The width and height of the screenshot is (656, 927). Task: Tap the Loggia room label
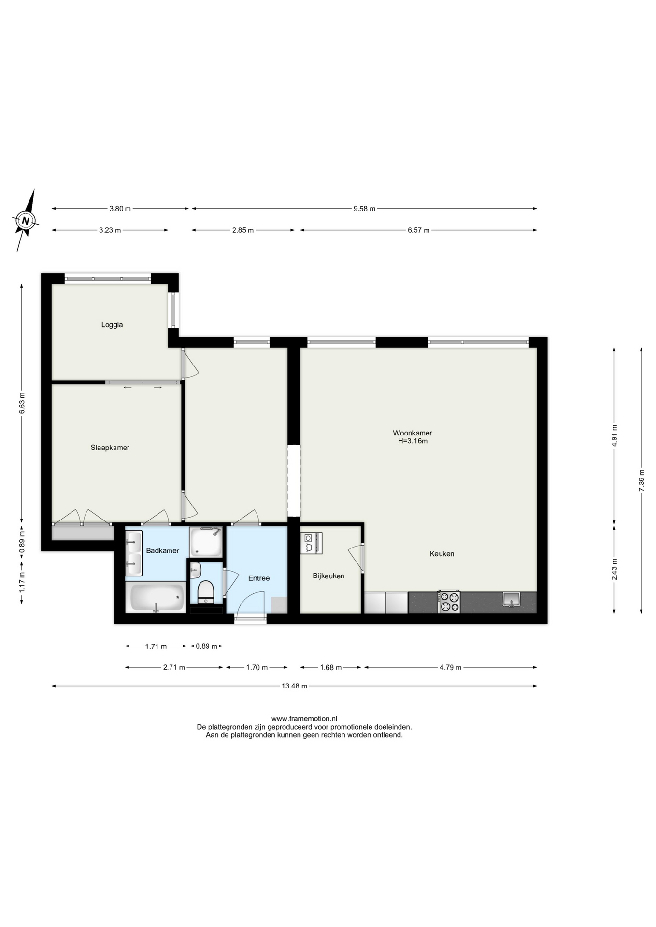[112, 325]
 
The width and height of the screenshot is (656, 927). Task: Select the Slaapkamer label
[110, 448]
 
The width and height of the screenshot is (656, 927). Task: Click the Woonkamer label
[413, 433]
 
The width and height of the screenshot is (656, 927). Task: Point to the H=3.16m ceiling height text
[413, 441]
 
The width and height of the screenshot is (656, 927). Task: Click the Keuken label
[442, 554]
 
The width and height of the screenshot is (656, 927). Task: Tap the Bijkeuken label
[328, 576]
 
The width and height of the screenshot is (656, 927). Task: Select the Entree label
[259, 578]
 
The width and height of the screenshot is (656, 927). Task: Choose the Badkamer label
[163, 551]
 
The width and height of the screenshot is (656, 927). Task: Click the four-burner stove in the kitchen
[449, 602]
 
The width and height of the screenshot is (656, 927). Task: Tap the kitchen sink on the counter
[511, 600]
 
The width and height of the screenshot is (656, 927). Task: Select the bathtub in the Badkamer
[157, 598]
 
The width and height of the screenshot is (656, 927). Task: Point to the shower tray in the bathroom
[206, 542]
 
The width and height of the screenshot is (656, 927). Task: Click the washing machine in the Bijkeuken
[311, 543]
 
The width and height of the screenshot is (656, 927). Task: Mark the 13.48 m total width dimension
[295, 686]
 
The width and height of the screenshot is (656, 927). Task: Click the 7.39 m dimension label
[642, 480]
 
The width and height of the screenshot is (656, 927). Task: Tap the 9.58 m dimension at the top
[364, 209]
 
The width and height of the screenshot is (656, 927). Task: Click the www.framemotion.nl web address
[304, 719]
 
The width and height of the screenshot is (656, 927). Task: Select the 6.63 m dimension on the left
[22, 403]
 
